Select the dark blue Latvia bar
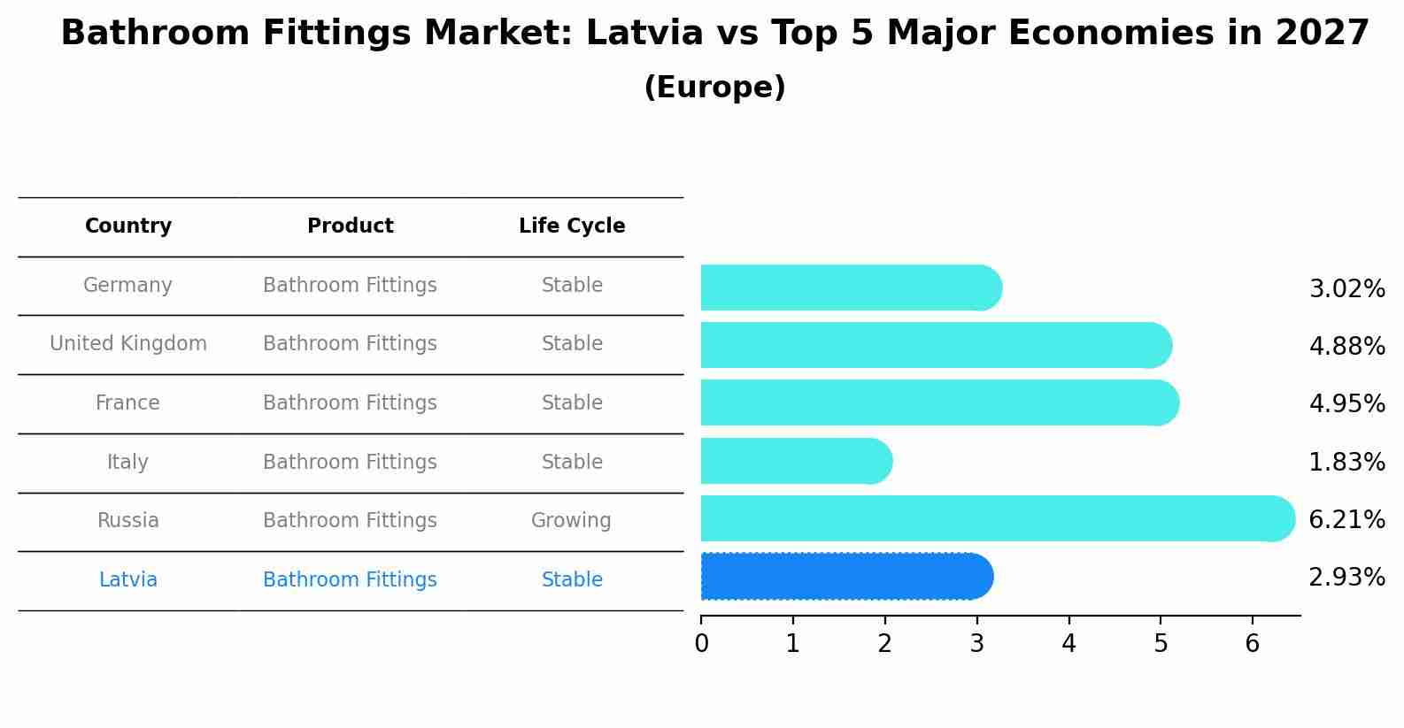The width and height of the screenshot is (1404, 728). click(x=846, y=577)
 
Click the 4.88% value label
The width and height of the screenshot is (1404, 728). click(x=1346, y=346)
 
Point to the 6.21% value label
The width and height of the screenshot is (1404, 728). click(x=1346, y=519)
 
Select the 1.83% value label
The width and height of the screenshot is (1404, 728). click(x=1346, y=462)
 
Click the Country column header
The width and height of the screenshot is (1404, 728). click(x=128, y=226)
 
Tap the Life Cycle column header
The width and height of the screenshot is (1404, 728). click(x=572, y=226)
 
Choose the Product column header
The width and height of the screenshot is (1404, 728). click(x=351, y=226)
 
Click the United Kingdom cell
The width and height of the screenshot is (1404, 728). click(x=128, y=344)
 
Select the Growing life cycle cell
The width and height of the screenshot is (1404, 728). click(x=571, y=521)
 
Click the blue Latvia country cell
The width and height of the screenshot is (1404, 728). click(x=128, y=580)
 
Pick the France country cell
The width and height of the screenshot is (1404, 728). click(x=128, y=403)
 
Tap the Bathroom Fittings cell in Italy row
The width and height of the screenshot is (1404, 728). click(x=351, y=462)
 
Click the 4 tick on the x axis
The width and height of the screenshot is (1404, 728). click(x=1068, y=644)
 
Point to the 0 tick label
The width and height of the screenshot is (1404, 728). click(x=701, y=644)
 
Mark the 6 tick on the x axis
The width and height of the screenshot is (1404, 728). click(x=1252, y=644)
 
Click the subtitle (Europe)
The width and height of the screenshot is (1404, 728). click(x=714, y=88)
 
